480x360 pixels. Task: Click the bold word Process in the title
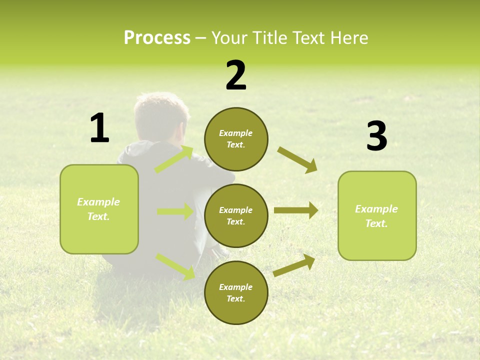coord(157,38)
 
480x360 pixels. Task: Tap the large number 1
coord(99,128)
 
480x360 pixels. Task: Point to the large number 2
coord(236,75)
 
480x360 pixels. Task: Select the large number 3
coord(376,136)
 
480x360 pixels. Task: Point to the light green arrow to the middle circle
coord(175,211)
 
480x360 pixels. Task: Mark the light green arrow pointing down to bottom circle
coord(175,266)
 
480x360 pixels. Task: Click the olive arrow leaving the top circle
coord(297,159)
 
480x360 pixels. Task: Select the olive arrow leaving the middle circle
coord(295,210)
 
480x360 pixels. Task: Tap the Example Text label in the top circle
coord(236,139)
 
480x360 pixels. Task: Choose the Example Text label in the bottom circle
coord(236,293)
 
